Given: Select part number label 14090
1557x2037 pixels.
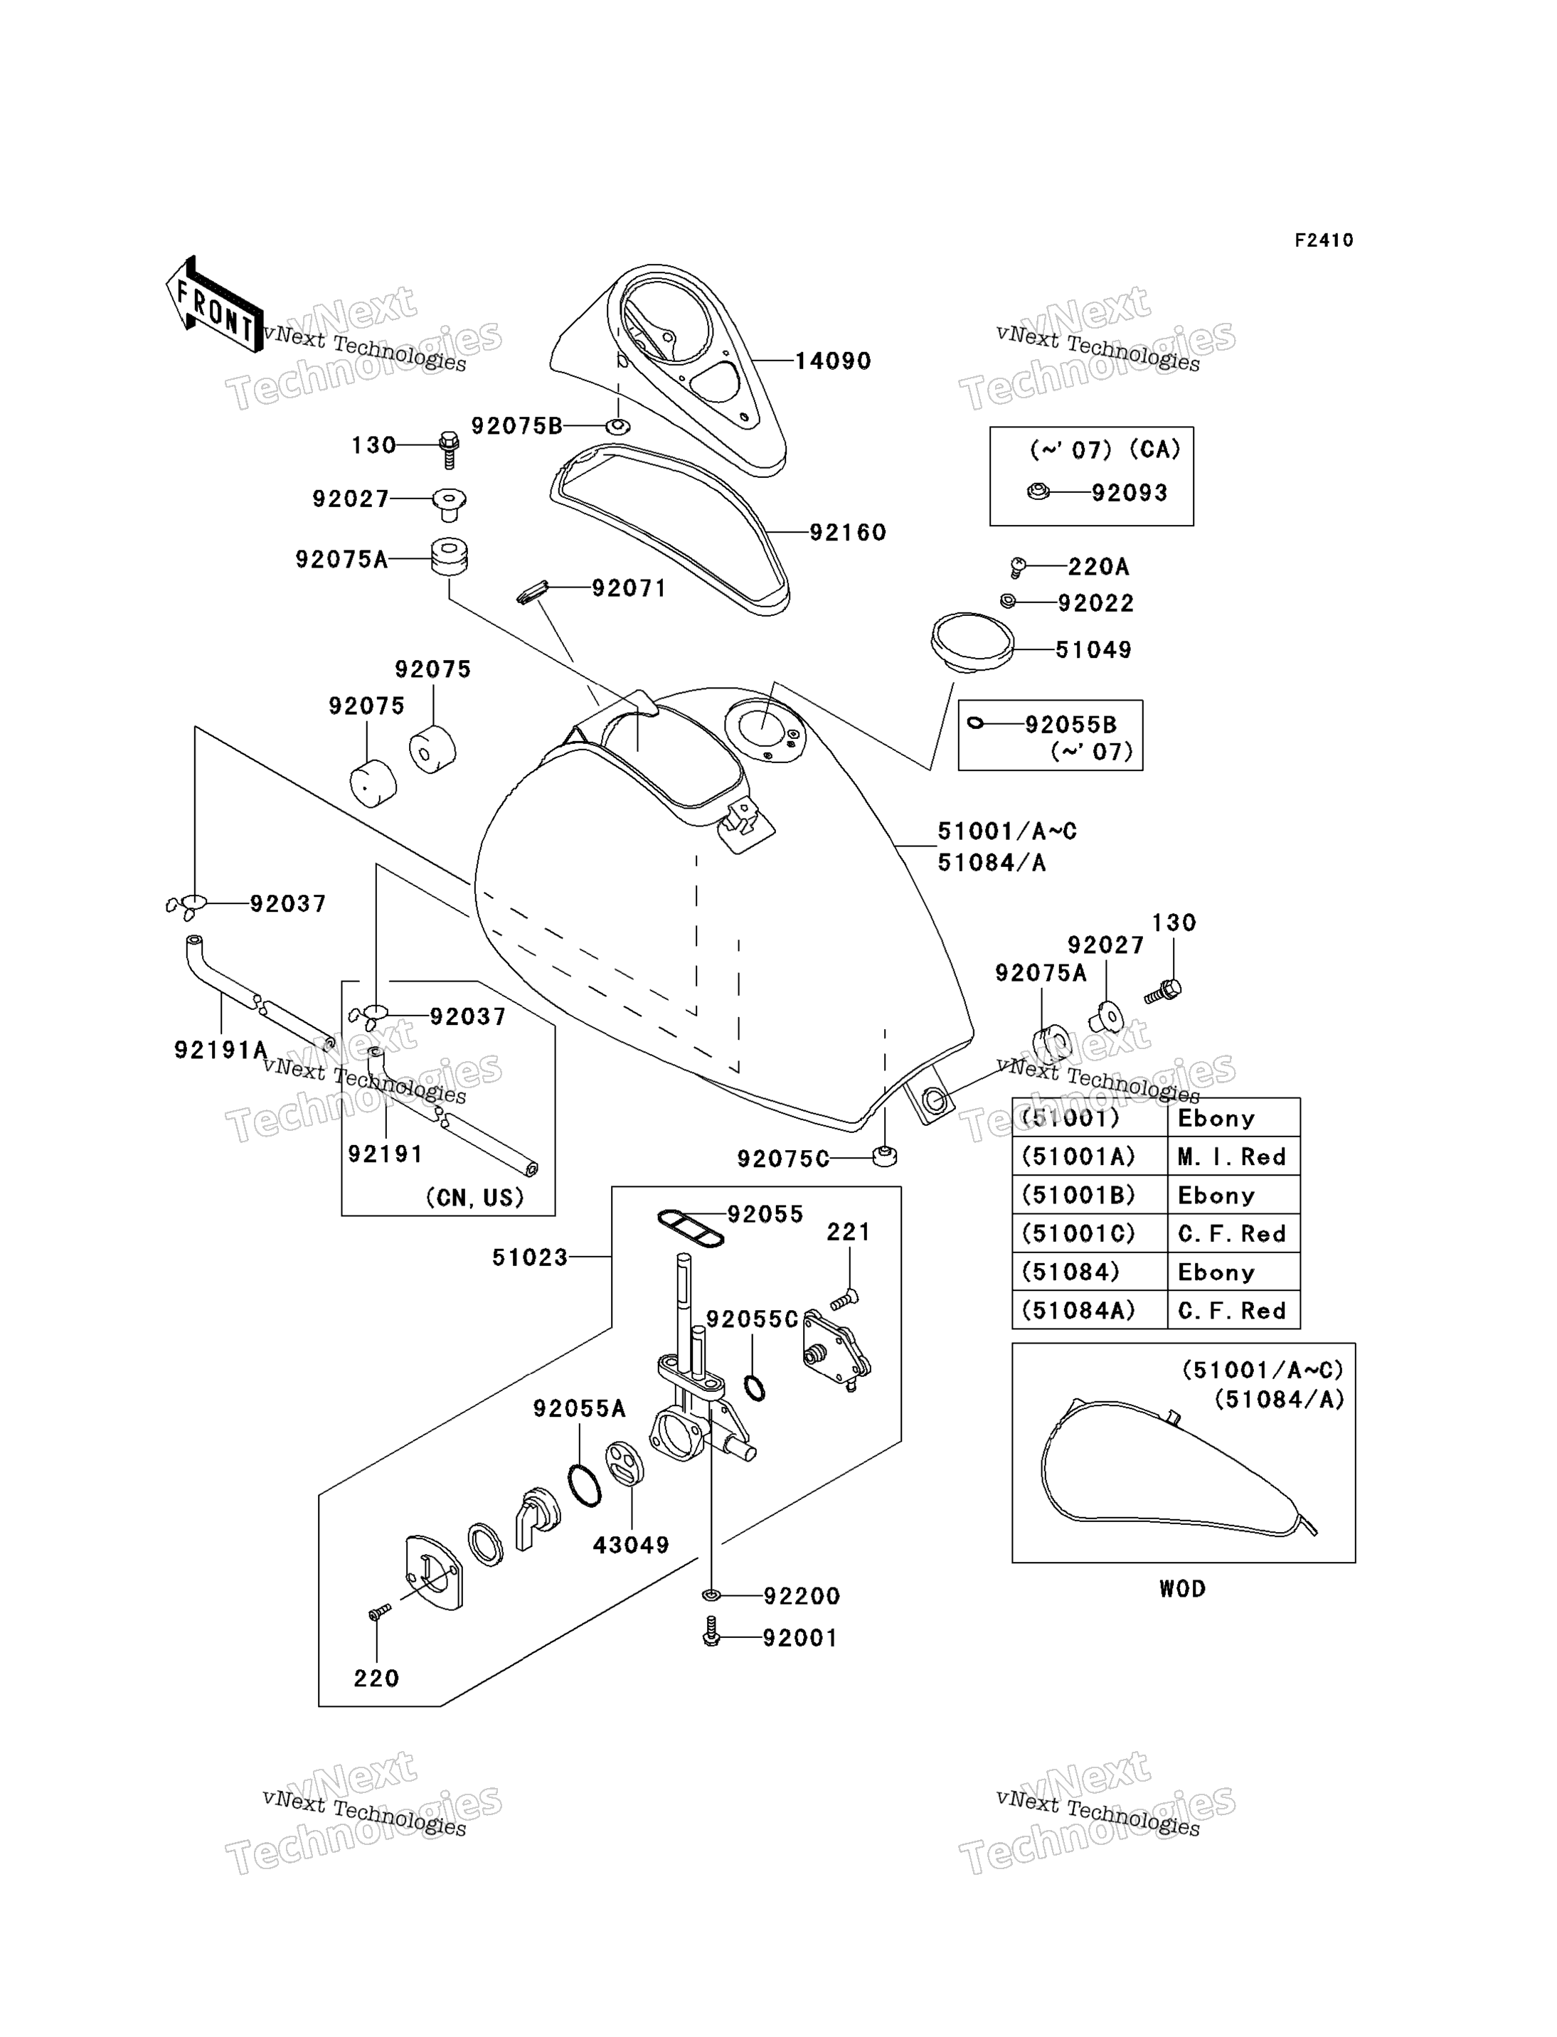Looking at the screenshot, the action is point(833,361).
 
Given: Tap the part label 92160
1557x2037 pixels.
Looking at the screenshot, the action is point(848,532).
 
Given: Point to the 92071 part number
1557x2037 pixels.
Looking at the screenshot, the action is point(629,587).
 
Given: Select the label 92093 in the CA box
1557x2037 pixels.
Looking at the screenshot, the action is point(1130,492).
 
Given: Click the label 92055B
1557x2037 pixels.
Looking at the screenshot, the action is point(1070,724).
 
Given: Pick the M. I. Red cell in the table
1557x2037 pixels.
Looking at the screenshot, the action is point(1232,1156).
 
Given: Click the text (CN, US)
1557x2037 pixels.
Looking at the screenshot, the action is point(474,1197).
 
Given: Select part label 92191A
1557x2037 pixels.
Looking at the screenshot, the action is point(220,1049).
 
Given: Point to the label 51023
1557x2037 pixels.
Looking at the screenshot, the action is point(529,1257).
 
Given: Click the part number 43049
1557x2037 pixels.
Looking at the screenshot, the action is point(631,1544).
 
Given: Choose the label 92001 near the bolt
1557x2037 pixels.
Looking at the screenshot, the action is point(799,1637).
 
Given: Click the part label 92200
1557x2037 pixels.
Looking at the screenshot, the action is point(802,1596).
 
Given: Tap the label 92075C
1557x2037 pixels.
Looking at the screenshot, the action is point(783,1159).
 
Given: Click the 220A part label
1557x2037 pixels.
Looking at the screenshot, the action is point(1098,565).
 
